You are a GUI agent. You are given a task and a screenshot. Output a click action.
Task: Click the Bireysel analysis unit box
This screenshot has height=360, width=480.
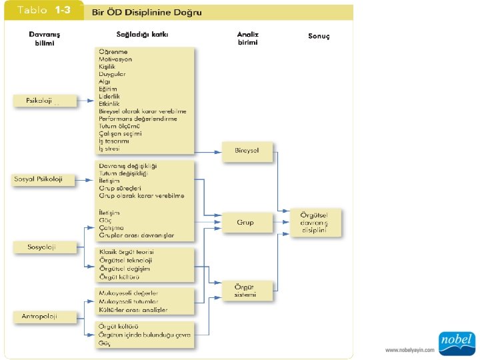(x=246, y=151)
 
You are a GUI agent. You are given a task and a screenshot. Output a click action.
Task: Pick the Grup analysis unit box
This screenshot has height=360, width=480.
(x=246, y=222)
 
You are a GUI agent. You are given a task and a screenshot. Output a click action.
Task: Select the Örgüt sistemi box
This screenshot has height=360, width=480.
(x=246, y=290)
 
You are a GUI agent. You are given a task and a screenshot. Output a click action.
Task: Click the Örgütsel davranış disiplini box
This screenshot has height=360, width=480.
(x=316, y=223)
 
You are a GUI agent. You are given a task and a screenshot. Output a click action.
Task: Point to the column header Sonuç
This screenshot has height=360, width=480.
(x=319, y=36)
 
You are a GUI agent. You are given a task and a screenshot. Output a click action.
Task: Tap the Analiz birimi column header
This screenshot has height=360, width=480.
(x=248, y=37)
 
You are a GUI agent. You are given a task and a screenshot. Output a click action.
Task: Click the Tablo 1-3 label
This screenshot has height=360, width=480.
(x=44, y=11)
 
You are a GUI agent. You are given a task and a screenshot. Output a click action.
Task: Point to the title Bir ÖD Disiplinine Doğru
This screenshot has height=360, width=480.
(x=147, y=12)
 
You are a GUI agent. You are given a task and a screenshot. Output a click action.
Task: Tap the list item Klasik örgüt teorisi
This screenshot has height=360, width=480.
(x=127, y=252)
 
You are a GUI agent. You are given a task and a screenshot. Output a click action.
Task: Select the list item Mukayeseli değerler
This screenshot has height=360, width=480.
(x=128, y=293)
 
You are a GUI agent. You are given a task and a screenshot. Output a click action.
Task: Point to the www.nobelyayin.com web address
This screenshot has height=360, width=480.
(x=409, y=349)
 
